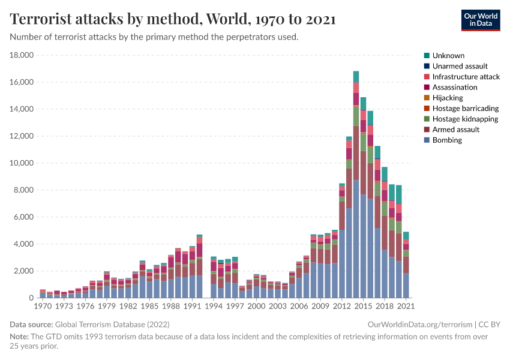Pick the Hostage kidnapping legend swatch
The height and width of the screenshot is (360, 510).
427,119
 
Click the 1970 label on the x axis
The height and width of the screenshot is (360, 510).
42,306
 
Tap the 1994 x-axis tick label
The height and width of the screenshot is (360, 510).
214,306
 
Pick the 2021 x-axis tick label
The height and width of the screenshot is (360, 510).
406,306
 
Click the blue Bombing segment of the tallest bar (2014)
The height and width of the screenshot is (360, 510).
356,240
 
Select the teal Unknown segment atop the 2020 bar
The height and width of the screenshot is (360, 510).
398,194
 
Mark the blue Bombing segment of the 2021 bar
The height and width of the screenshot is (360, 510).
406,286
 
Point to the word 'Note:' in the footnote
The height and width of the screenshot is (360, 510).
20,337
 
